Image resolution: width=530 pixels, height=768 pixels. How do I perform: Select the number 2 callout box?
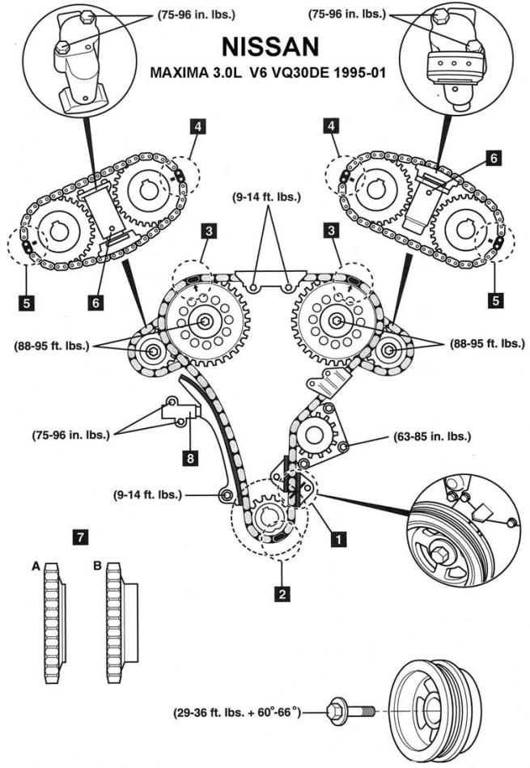(282, 594)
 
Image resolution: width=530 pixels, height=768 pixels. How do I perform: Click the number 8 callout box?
(190, 458)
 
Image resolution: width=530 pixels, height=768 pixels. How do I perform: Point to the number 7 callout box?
(78, 536)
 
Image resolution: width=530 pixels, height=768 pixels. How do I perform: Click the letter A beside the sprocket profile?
(36, 567)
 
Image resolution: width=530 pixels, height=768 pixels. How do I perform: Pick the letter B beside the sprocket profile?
(98, 567)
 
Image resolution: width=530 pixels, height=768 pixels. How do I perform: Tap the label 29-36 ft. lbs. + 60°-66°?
(235, 712)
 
